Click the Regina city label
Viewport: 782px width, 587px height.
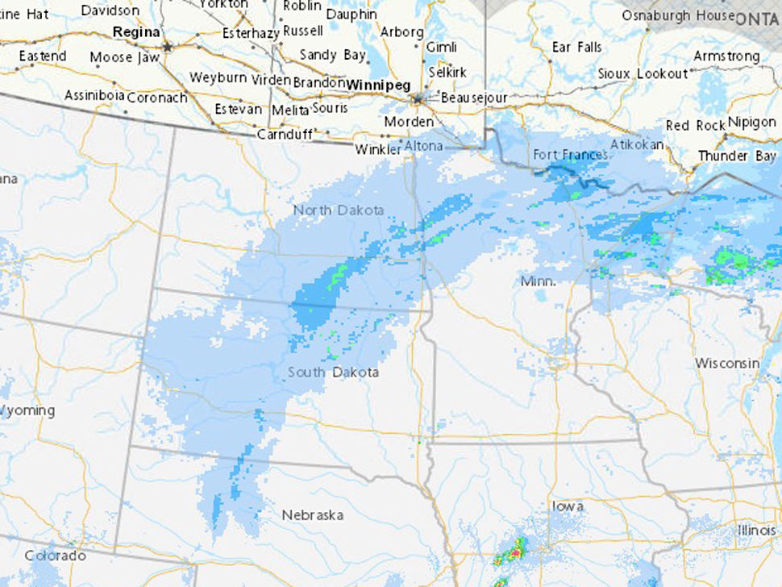point(137,32)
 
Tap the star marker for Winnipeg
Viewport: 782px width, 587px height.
point(418,99)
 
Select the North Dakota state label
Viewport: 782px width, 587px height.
point(339,210)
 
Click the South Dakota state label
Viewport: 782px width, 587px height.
point(333,373)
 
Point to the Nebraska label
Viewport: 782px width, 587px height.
point(312,514)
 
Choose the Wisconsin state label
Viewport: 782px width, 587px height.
point(727,363)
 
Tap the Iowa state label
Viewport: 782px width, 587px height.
point(568,506)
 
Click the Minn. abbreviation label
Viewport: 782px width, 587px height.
point(538,281)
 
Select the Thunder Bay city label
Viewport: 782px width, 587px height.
point(736,156)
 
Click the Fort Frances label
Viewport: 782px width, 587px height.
point(571,154)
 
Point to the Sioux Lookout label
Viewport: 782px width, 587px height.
point(643,73)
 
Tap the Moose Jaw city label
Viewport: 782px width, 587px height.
point(123,57)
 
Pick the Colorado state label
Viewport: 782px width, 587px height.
point(55,556)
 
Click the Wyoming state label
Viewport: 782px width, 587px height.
point(27,410)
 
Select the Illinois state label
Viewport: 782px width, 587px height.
point(759,530)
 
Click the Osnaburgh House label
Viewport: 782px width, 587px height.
point(677,15)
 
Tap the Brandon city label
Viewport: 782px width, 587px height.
point(318,82)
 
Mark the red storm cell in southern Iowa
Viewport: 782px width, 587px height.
point(514,554)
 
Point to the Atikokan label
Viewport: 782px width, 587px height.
point(637,144)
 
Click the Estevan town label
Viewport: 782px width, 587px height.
point(238,109)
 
